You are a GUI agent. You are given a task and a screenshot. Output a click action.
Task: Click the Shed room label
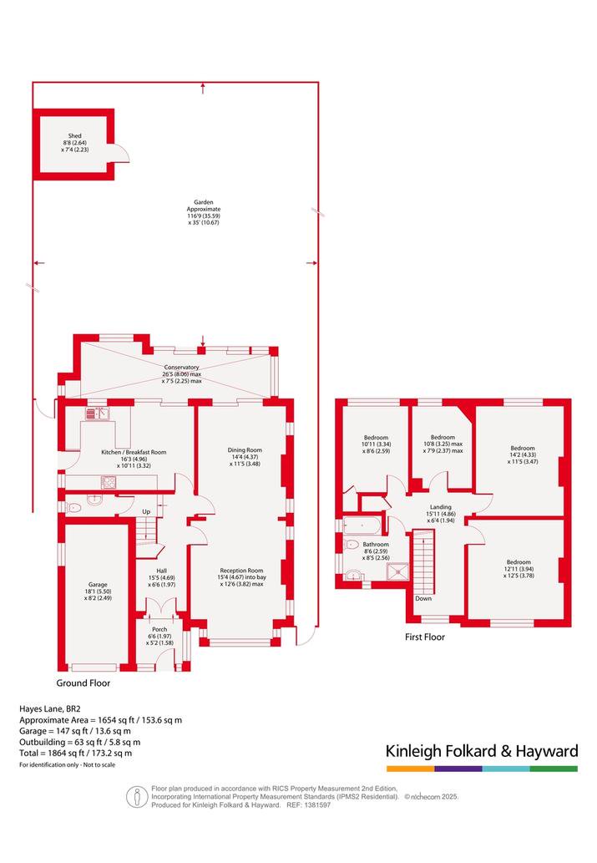click(x=75, y=135)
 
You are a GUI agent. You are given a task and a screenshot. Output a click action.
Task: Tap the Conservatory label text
click(x=181, y=367)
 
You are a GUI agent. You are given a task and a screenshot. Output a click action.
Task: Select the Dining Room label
click(x=245, y=450)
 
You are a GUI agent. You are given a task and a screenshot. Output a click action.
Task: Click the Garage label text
click(x=98, y=585)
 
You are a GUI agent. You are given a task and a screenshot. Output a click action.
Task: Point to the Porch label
click(x=159, y=629)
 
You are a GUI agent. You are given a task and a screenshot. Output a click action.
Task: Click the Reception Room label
click(x=241, y=571)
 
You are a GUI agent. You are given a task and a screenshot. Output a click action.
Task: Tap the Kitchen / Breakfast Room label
click(x=134, y=453)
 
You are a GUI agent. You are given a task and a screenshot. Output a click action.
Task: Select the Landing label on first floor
click(x=441, y=507)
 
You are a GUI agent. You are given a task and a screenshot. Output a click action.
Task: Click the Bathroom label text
click(x=376, y=545)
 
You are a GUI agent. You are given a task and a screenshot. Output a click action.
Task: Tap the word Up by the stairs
click(x=146, y=512)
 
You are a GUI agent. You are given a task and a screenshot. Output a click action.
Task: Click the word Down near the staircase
click(x=423, y=598)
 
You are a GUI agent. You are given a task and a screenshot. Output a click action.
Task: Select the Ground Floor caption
click(x=83, y=683)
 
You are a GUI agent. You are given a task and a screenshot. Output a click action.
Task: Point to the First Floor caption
click(x=425, y=637)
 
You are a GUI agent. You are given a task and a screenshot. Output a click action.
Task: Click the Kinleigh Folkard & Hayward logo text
click(x=482, y=751)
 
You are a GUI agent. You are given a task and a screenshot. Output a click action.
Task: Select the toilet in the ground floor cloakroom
click(x=73, y=508)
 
